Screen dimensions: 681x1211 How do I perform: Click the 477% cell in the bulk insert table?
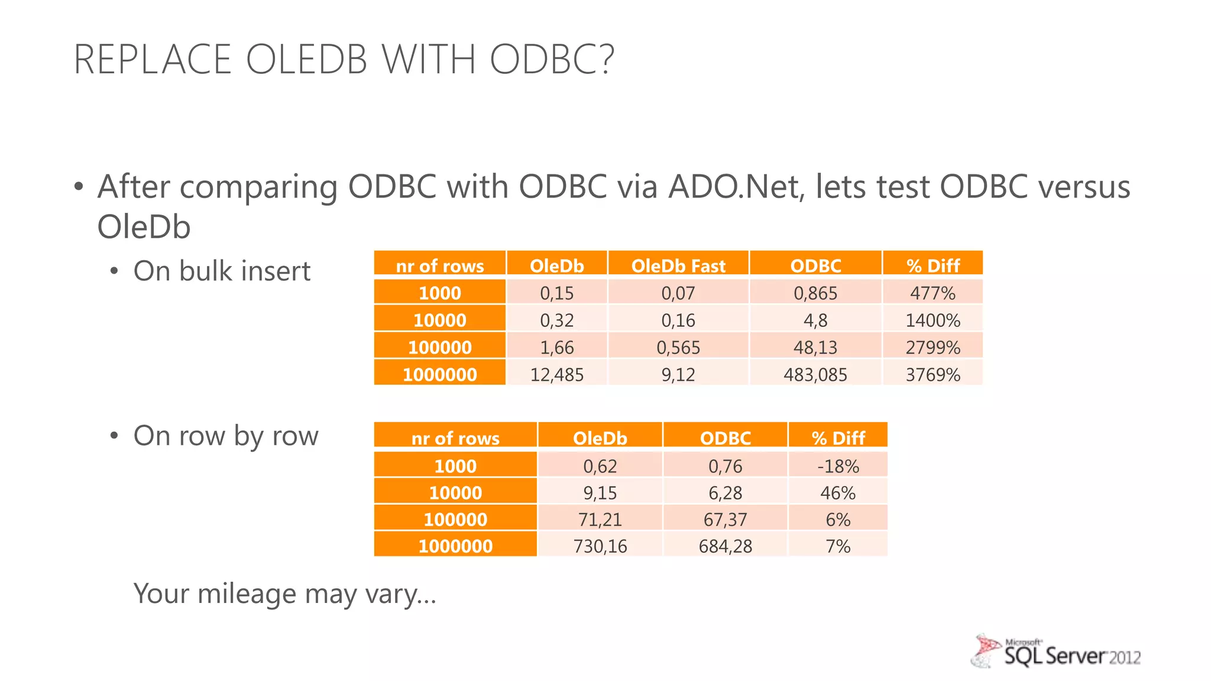tap(932, 293)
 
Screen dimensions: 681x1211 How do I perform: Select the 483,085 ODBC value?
tap(815, 374)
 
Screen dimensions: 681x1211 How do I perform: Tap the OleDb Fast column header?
tap(678, 265)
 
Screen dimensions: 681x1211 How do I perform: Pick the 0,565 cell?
tap(678, 347)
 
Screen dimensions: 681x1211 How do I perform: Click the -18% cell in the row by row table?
tap(838, 466)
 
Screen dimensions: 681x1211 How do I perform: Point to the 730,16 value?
tap(600, 546)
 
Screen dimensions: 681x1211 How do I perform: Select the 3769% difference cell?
tap(932, 374)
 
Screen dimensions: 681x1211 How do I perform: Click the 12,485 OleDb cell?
tap(556, 374)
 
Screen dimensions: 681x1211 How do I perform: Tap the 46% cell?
tap(838, 492)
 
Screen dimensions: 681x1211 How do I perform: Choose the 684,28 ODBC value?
tap(725, 546)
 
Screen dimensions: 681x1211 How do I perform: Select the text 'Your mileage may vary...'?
tap(284, 593)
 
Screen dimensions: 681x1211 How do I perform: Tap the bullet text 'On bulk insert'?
tap(222, 271)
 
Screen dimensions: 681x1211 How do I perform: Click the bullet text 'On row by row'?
tap(225, 436)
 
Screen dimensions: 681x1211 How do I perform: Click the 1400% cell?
tap(932, 320)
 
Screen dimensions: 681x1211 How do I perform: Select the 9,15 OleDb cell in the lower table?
tap(600, 492)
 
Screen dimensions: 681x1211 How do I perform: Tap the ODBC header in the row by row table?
tap(725, 437)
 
